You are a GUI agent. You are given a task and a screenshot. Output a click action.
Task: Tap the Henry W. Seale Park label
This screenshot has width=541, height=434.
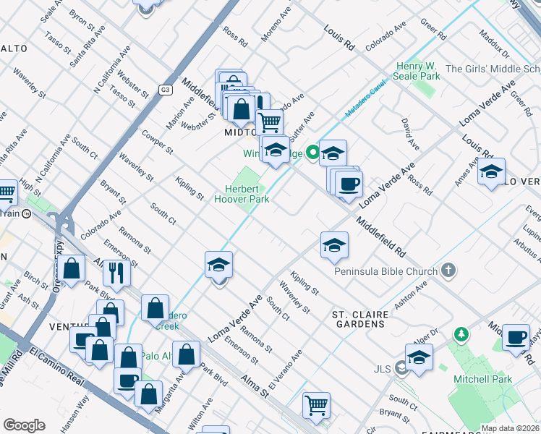click(x=417, y=70)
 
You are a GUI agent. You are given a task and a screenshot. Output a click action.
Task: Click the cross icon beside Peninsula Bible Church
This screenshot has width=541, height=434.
click(x=448, y=271)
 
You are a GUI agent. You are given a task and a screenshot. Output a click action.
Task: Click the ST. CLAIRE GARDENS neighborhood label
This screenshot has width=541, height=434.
click(x=360, y=319)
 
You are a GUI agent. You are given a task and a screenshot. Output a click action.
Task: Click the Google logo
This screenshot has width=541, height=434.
click(x=24, y=425)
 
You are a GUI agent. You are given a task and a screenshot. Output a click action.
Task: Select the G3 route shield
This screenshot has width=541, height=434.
click(x=165, y=90)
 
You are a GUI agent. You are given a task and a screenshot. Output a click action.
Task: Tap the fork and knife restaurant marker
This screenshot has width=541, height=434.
click(x=116, y=272)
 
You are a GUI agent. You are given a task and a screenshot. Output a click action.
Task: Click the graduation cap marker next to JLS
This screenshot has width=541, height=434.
click(x=419, y=357)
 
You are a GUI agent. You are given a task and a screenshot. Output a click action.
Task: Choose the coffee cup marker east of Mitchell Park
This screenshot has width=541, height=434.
click(x=516, y=338)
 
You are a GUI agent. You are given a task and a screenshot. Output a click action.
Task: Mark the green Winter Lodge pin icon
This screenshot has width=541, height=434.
click(x=312, y=153)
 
